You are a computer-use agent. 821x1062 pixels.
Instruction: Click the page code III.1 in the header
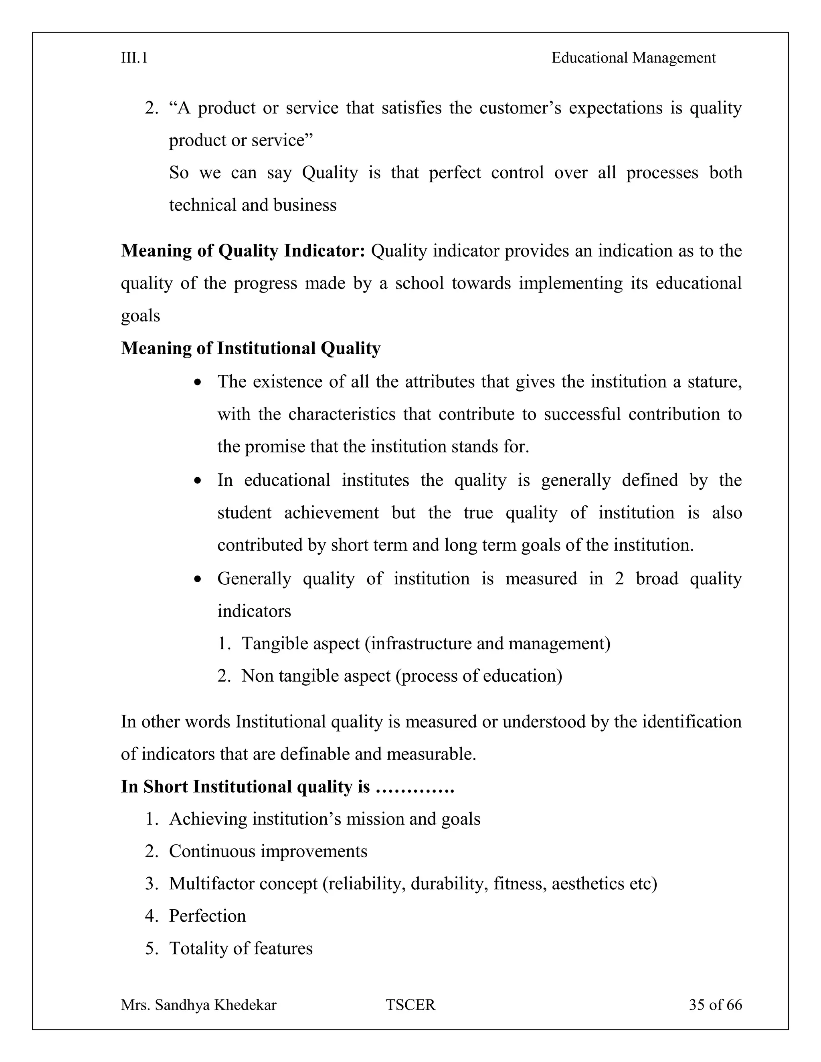134,59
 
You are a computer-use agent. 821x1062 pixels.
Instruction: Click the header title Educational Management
633,59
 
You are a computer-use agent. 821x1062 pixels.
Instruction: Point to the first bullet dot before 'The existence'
197,383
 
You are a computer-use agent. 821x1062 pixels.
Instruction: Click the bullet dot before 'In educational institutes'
197,481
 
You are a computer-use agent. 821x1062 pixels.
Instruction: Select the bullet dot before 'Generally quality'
197,579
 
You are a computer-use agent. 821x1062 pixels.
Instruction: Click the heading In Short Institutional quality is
287,787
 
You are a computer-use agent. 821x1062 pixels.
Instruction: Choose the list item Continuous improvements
268,852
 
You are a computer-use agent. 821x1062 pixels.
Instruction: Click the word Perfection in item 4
207,916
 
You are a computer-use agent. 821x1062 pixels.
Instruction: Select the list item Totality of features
241,949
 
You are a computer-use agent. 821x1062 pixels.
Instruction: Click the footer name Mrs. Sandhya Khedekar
198,1005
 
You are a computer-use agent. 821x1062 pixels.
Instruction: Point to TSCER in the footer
410,1005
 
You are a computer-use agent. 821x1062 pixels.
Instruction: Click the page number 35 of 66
715,1005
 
